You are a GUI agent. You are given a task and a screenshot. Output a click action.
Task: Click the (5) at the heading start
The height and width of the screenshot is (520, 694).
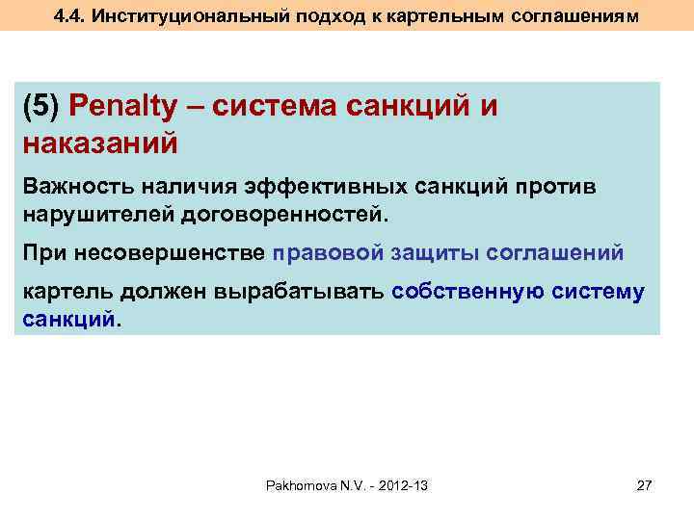tap(40, 107)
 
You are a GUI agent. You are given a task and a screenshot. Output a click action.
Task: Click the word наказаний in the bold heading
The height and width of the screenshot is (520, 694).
tap(99, 144)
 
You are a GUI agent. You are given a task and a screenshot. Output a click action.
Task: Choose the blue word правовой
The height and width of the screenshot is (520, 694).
tap(328, 253)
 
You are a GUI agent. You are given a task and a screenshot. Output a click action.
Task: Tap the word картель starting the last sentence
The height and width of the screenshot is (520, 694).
tap(65, 293)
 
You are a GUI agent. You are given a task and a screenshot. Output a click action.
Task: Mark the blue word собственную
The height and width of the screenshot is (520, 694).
tap(471, 293)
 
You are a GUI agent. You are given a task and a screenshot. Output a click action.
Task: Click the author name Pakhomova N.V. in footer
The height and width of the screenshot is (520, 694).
tap(310, 486)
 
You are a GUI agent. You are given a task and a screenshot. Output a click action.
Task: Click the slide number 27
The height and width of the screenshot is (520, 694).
tap(645, 486)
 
